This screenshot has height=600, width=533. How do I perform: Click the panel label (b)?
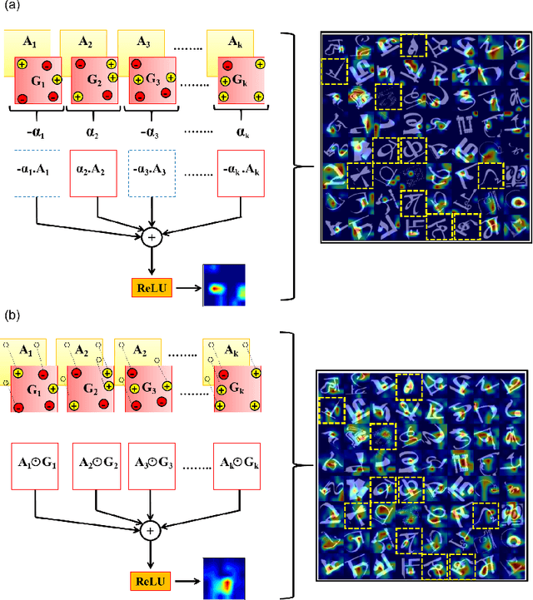[12, 317]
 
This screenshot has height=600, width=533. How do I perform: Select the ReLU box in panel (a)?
[150, 287]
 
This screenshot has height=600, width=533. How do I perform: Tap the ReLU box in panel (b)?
[150, 577]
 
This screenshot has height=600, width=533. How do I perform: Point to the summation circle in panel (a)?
[152, 237]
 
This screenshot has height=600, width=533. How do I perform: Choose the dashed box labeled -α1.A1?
[33, 174]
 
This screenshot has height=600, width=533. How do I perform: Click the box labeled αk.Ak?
[242, 174]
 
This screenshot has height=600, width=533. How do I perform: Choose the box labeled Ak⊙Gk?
[242, 464]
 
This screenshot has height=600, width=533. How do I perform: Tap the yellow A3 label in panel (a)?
[142, 41]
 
